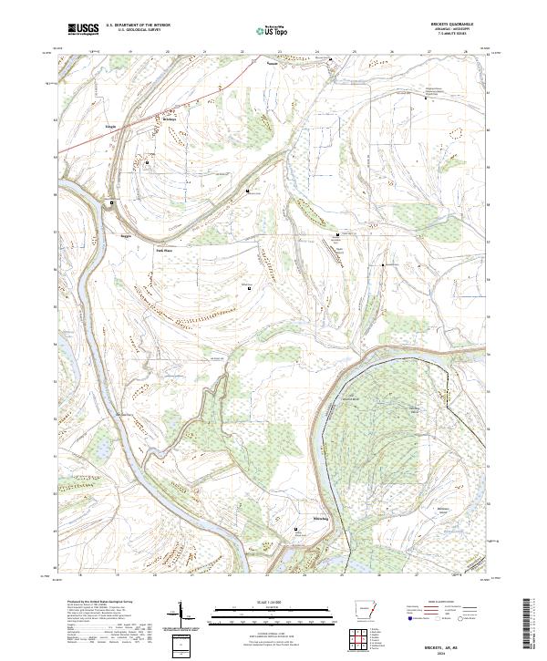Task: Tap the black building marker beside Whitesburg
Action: (295, 530)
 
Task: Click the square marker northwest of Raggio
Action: (112, 202)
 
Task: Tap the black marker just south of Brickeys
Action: (148, 162)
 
